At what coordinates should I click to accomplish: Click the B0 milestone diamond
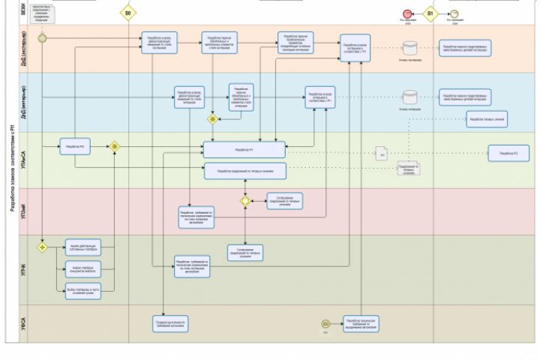tap(129, 13)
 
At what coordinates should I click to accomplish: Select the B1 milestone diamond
tap(430, 13)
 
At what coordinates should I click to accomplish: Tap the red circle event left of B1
tap(407, 13)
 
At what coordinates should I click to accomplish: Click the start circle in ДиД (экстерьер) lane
tap(43, 37)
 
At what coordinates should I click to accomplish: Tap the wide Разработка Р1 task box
tap(244, 150)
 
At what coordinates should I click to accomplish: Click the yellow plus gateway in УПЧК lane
tap(43, 247)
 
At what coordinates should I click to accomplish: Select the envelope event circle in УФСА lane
tap(325, 323)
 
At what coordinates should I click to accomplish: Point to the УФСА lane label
tap(22, 323)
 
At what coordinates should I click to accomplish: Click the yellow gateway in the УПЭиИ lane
tap(245, 201)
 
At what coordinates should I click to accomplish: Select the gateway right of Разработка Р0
tap(115, 147)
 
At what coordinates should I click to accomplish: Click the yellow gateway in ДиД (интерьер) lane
tap(213, 118)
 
